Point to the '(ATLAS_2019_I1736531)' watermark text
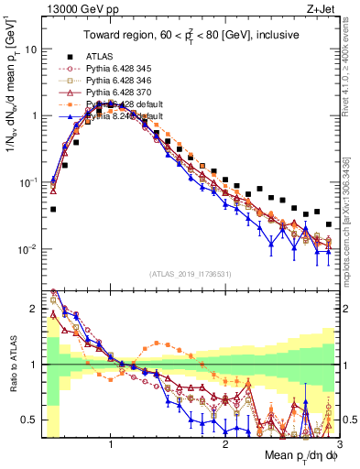pos(188,274)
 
